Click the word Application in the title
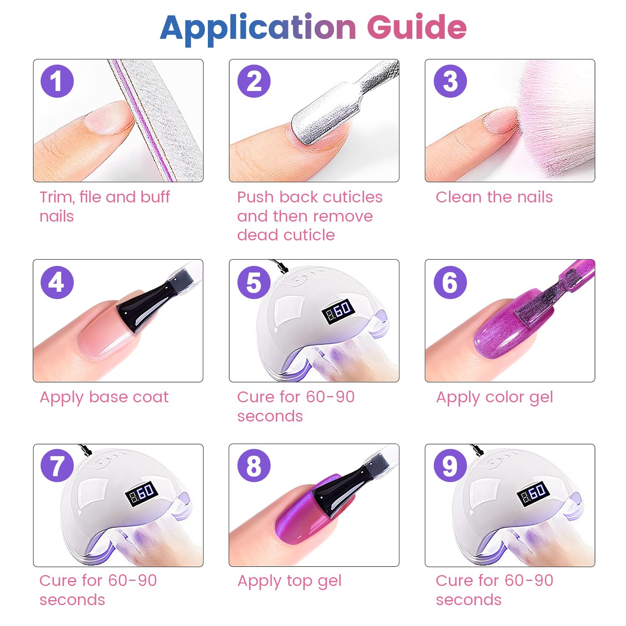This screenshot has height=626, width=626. click(x=258, y=28)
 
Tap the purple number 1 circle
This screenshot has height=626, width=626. click(x=57, y=81)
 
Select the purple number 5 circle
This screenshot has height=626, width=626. click(x=254, y=282)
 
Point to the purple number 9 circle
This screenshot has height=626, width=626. click(x=450, y=465)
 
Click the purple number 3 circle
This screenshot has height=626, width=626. click(x=450, y=81)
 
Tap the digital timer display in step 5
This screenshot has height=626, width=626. click(x=339, y=311)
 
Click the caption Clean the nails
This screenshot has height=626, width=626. click(x=494, y=197)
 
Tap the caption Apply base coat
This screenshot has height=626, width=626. click(x=104, y=398)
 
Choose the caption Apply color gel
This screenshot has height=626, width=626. click(x=495, y=398)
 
